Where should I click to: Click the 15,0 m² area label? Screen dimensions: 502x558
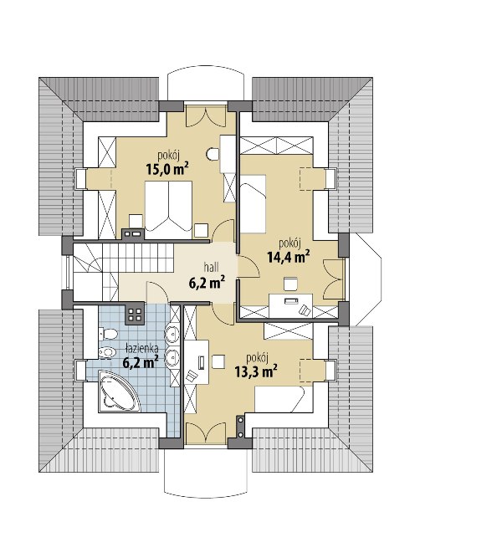click(167, 169)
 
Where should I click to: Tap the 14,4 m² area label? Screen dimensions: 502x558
click(288, 257)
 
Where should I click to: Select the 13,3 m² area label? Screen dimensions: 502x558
click(256, 371)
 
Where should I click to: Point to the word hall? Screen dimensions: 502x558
click(211, 267)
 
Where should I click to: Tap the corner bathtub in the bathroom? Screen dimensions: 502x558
click(118, 391)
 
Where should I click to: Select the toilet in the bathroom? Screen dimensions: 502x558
click(108, 334)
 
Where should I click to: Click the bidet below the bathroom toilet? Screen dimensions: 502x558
click(107, 353)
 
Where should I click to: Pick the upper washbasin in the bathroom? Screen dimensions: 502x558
click(172, 335)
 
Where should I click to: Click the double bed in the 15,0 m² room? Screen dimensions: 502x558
click(168, 207)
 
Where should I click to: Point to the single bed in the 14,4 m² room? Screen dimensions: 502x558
click(254, 204)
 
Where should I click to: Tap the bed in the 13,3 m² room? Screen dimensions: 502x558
click(279, 399)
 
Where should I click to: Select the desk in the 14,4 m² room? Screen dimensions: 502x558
click(290, 305)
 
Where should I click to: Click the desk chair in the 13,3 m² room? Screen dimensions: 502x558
click(218, 361)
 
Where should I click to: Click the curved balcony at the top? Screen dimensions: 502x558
click(206, 84)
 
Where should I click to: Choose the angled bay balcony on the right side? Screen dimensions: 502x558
click(366, 279)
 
